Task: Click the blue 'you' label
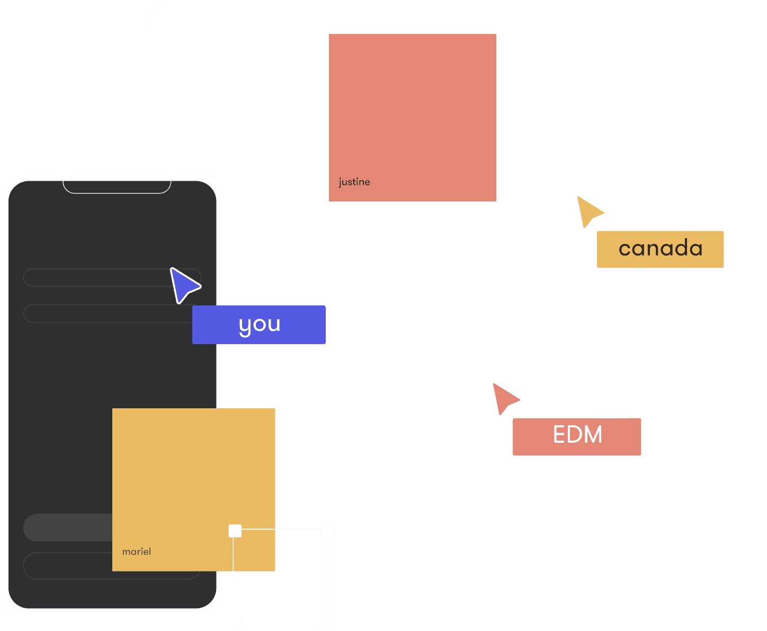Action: pyautogui.click(x=259, y=325)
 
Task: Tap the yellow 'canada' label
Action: pyautogui.click(x=660, y=249)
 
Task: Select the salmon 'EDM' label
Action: pyautogui.click(x=577, y=436)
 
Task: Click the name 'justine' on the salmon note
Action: pyautogui.click(x=354, y=182)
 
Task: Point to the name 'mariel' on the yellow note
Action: pyautogui.click(x=137, y=551)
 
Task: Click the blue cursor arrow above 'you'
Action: pyautogui.click(x=183, y=285)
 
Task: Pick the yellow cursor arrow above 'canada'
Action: pyautogui.click(x=588, y=211)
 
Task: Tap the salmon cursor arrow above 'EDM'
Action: pyautogui.click(x=504, y=398)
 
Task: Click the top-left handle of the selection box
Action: pyautogui.click(x=235, y=530)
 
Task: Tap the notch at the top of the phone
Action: pyautogui.click(x=117, y=186)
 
